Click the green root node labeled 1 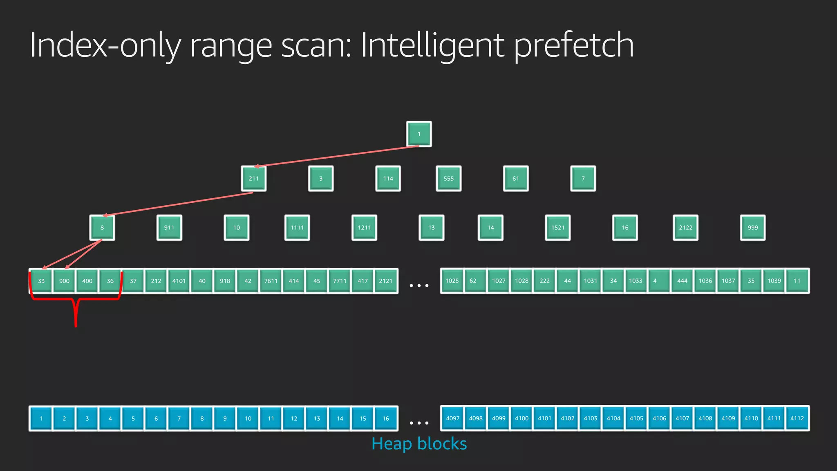pyautogui.click(x=419, y=134)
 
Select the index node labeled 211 pyautogui.click(x=253, y=179)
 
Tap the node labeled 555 pyautogui.click(x=448, y=179)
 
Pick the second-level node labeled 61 pyautogui.click(x=516, y=179)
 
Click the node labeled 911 pyautogui.click(x=169, y=228)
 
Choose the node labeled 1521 pyautogui.click(x=558, y=228)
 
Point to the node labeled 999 pyautogui.click(x=752, y=228)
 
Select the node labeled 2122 pyautogui.click(x=685, y=228)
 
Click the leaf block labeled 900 pyautogui.click(x=64, y=281)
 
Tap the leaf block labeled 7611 pyautogui.click(x=271, y=281)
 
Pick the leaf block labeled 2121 pyautogui.click(x=385, y=281)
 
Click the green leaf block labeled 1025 pyautogui.click(x=452, y=281)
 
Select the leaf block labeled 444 pyautogui.click(x=682, y=281)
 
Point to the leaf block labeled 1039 pyautogui.click(x=774, y=281)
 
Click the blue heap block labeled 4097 pyautogui.click(x=452, y=418)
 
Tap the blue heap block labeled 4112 pyautogui.click(x=797, y=418)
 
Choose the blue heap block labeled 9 pyautogui.click(x=225, y=418)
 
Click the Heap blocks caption pyautogui.click(x=419, y=444)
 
